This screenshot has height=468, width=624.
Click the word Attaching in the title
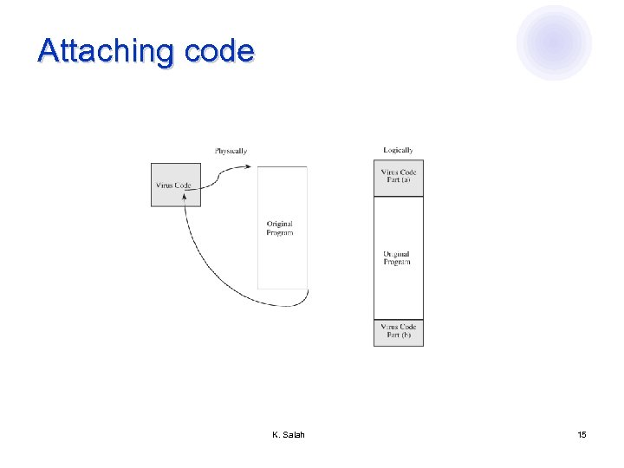[107, 51]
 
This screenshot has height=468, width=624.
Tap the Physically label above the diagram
[231, 151]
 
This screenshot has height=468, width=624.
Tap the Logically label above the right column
[399, 150]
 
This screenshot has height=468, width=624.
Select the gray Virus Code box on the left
[175, 185]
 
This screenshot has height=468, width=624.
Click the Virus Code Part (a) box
[399, 178]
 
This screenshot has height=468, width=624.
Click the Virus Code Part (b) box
[399, 333]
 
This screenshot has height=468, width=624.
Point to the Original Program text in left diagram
[280, 228]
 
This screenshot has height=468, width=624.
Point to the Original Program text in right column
[397, 258]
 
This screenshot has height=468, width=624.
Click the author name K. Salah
[288, 434]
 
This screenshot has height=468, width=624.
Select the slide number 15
[582, 434]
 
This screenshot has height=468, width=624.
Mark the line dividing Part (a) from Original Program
[399, 197]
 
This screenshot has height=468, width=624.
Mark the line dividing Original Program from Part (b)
[399, 320]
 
